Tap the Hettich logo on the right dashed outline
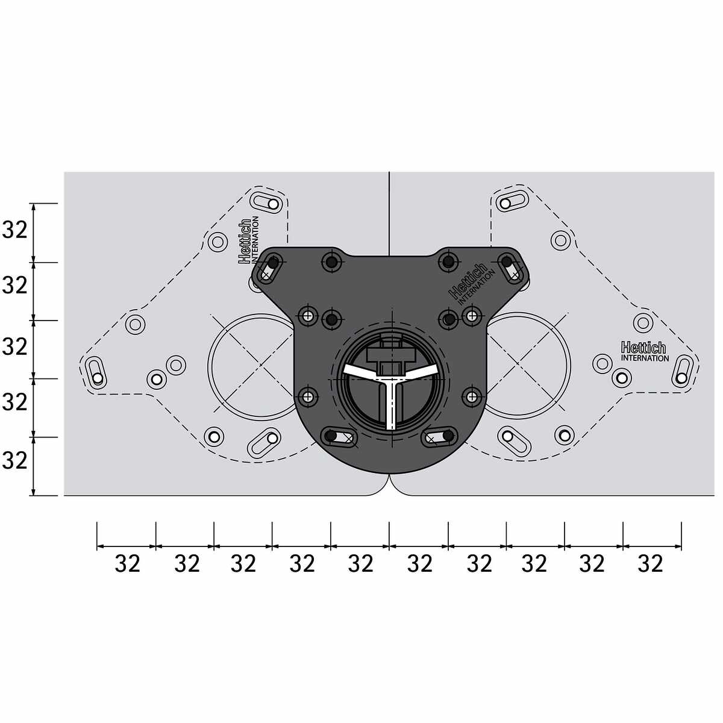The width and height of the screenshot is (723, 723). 645,351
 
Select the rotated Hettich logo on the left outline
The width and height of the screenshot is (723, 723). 248,240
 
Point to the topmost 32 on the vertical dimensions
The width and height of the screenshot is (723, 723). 15,230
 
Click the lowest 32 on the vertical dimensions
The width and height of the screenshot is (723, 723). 15,460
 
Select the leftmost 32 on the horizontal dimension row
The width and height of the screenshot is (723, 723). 128,563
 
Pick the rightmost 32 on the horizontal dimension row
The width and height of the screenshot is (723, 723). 651,563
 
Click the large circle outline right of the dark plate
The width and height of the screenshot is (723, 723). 571,366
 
